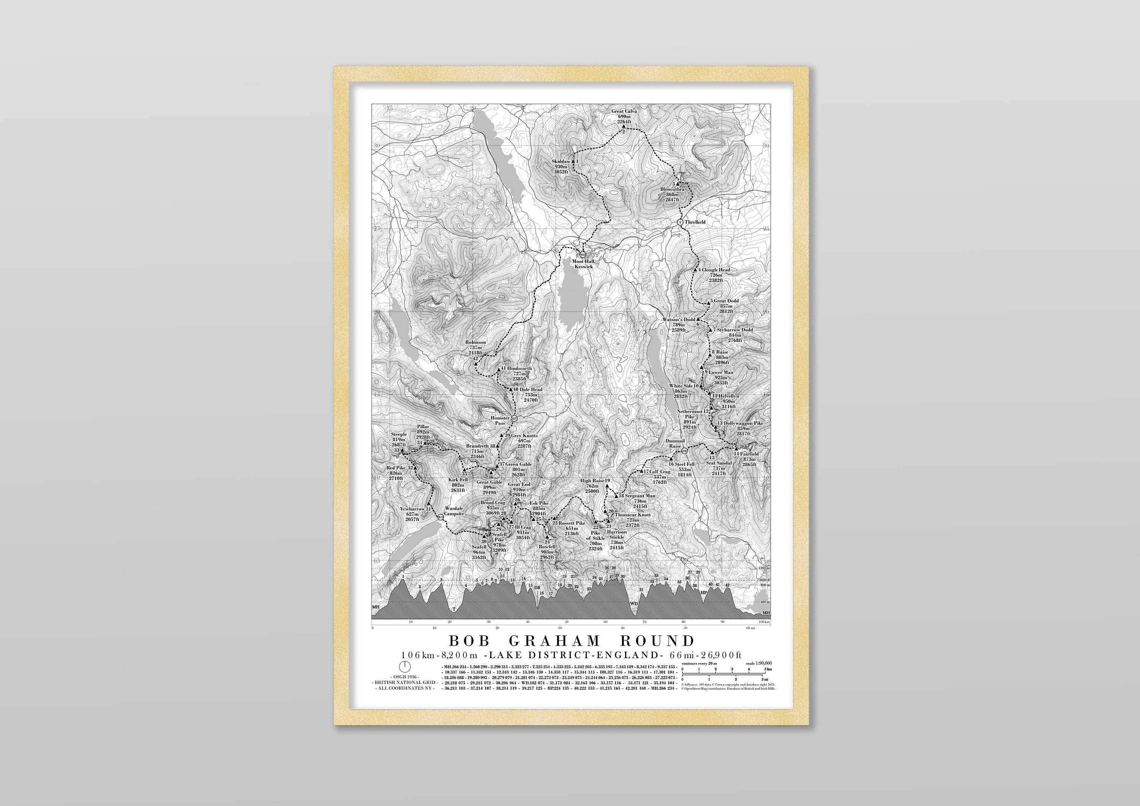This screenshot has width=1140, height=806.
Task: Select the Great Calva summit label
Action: (624, 112)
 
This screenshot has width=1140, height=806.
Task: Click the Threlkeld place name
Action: (695, 222)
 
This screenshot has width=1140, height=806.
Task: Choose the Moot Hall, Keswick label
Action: (583, 264)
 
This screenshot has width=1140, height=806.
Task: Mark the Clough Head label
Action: (716, 270)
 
